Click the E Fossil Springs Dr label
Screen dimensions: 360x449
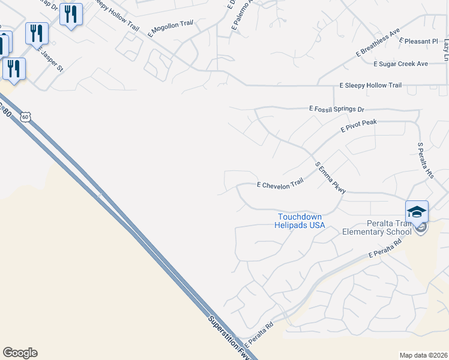click(336, 109)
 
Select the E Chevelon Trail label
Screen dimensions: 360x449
click(280, 185)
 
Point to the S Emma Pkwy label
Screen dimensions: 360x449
click(331, 178)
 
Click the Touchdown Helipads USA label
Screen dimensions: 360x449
click(300, 221)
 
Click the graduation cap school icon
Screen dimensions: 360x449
click(417, 212)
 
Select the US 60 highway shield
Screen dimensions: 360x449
click(25, 117)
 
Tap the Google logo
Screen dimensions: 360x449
click(20, 353)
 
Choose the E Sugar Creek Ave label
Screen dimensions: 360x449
click(400, 64)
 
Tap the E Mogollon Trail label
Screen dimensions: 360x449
click(171, 28)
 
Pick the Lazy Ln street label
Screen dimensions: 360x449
click(446, 49)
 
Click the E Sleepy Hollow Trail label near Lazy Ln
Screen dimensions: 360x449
click(370, 85)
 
